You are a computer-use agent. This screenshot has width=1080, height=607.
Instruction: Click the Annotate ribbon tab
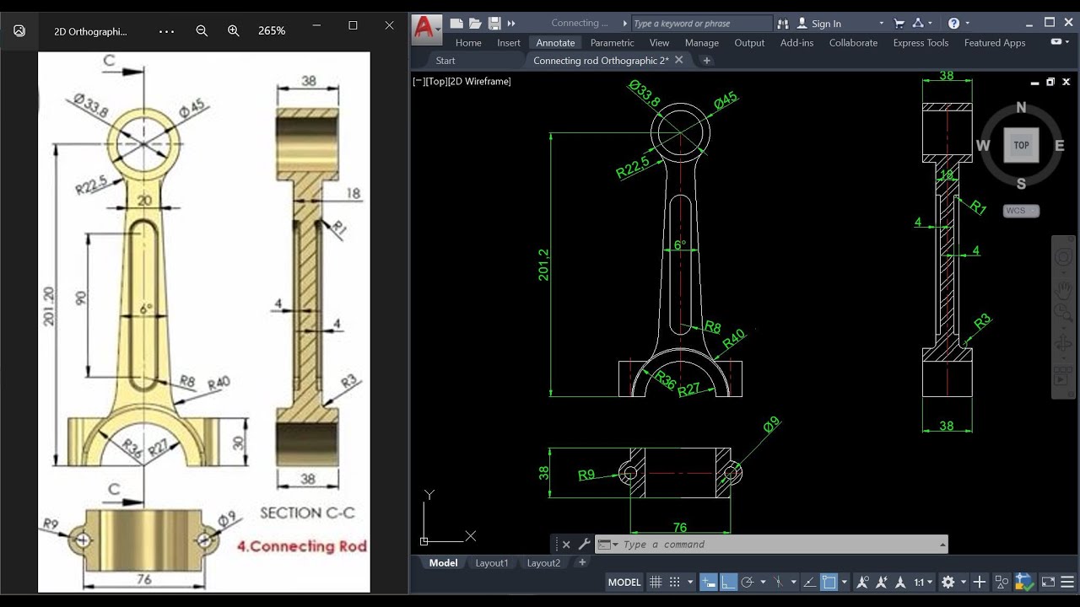tap(555, 43)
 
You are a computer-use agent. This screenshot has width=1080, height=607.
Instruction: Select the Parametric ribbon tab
tap(612, 43)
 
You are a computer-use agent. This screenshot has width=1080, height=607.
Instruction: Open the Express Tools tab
tap(921, 43)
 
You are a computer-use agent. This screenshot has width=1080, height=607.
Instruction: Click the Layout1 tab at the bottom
tap(491, 563)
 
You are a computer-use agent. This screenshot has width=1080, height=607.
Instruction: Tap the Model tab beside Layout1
tap(443, 563)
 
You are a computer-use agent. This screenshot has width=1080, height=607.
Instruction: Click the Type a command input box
tap(776, 545)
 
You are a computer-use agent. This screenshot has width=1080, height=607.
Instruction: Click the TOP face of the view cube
tap(1021, 145)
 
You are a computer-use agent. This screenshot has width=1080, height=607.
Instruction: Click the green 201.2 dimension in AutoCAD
tap(543, 265)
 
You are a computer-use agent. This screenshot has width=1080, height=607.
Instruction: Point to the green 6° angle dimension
tap(680, 245)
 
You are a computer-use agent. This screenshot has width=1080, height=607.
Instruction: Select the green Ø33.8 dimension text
tap(645, 94)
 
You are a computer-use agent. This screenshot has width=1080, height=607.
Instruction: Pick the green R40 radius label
tap(734, 338)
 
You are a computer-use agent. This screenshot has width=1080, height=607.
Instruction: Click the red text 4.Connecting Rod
tap(302, 545)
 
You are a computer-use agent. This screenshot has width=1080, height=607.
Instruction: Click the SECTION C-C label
tap(307, 513)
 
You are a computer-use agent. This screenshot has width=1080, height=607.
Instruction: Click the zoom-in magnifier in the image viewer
tap(234, 30)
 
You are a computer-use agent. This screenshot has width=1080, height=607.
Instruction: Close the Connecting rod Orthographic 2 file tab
tap(679, 61)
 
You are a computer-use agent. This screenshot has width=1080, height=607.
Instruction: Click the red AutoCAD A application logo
tap(424, 29)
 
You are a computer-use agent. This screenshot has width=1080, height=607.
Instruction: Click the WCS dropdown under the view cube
tap(1021, 211)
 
